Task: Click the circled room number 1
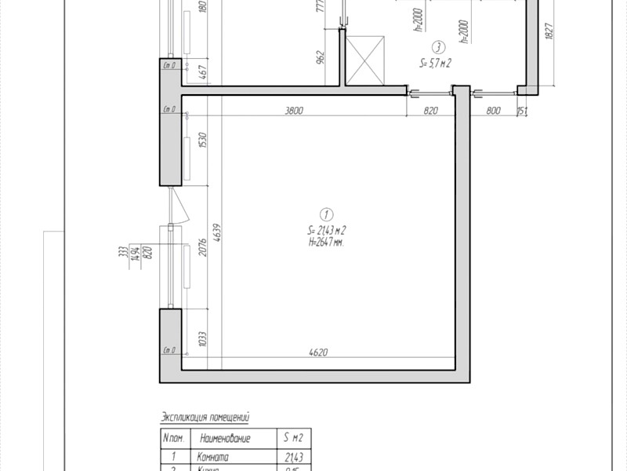point(326,214)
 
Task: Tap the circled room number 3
point(440,46)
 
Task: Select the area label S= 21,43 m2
point(328,230)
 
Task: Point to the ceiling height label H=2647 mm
point(328,243)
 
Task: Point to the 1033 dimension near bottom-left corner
point(203,340)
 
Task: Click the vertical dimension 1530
point(203,142)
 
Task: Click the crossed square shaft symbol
point(366,60)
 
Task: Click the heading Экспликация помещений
point(209,417)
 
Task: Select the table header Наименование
point(225,438)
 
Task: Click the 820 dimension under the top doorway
point(430,111)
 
